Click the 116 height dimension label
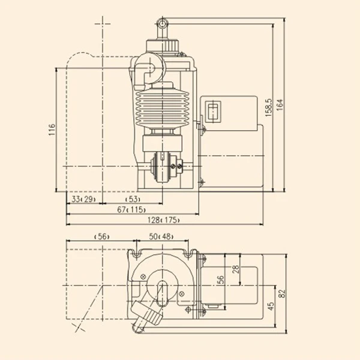pyautogui.click(x=52, y=130)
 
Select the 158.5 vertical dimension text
pyautogui.click(x=268, y=107)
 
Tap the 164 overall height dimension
pyautogui.click(x=280, y=105)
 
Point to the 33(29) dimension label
pyautogui.click(x=83, y=199)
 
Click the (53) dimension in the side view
pyautogui.click(x=133, y=199)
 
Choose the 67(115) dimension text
pyautogui.click(x=131, y=209)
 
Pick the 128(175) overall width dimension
pyautogui.click(x=163, y=220)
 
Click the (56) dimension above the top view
pyautogui.click(x=102, y=236)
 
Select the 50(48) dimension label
pyautogui.click(x=161, y=236)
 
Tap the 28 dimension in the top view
pyautogui.click(x=236, y=269)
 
